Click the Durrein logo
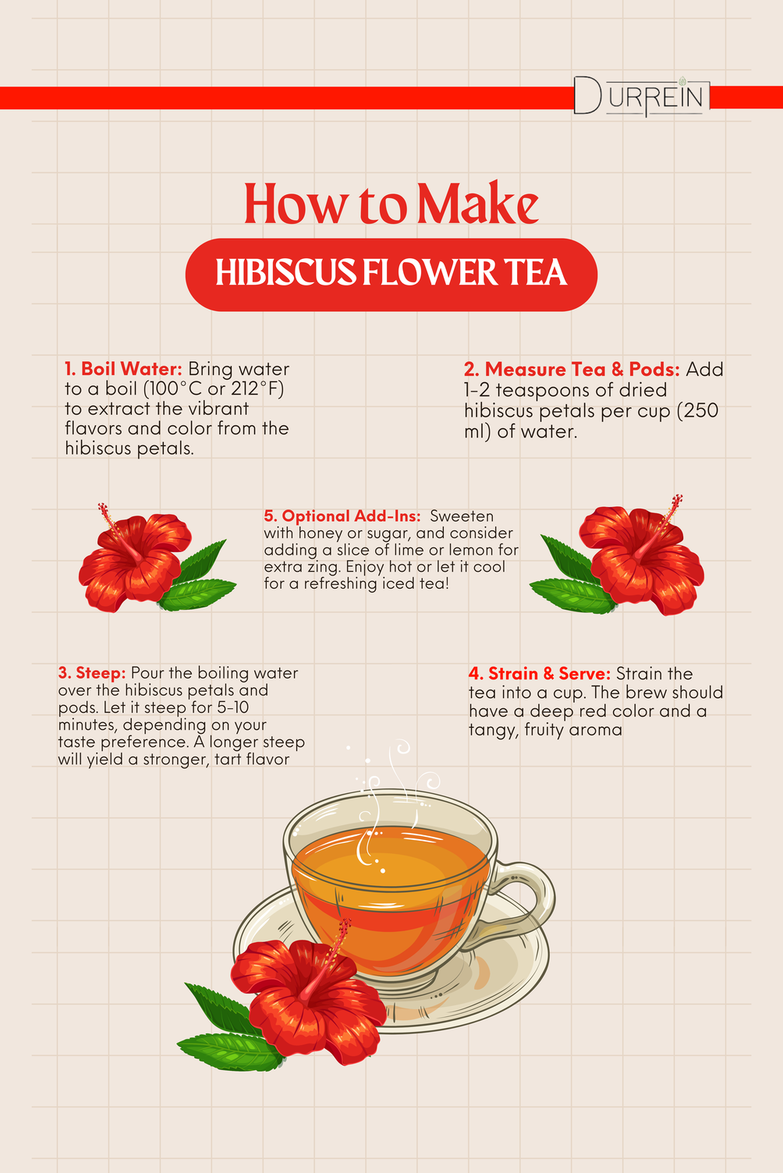coord(642,97)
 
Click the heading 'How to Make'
coord(391,204)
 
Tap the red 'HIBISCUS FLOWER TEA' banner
coord(391,275)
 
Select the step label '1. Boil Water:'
coord(123,369)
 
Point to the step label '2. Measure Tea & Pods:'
coord(572,369)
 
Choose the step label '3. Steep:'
coord(92,673)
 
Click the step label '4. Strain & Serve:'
coord(540,673)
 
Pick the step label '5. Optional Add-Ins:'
coord(342,516)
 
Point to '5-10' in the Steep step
coord(233,707)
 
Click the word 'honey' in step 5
coord(318,533)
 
